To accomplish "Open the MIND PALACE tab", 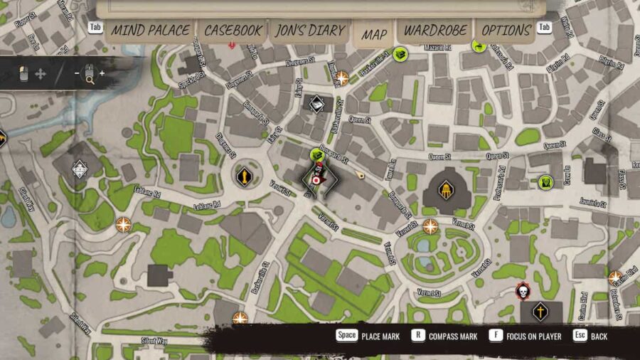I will point(150,31).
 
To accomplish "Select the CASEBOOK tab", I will point(230,31).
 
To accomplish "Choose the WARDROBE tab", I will point(435,31).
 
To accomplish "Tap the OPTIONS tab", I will point(506,31).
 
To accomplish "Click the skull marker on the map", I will point(523,292).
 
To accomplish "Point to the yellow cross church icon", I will point(541,311).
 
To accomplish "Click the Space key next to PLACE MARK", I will point(347,336).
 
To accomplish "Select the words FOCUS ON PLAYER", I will point(535,337).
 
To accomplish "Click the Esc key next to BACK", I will point(580,336).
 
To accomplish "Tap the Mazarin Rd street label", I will point(439,44).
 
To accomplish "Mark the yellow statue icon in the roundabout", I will point(244,175).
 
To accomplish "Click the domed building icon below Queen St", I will point(446,189).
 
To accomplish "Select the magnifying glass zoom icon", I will point(90,74).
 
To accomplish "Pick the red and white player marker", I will point(317,179).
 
